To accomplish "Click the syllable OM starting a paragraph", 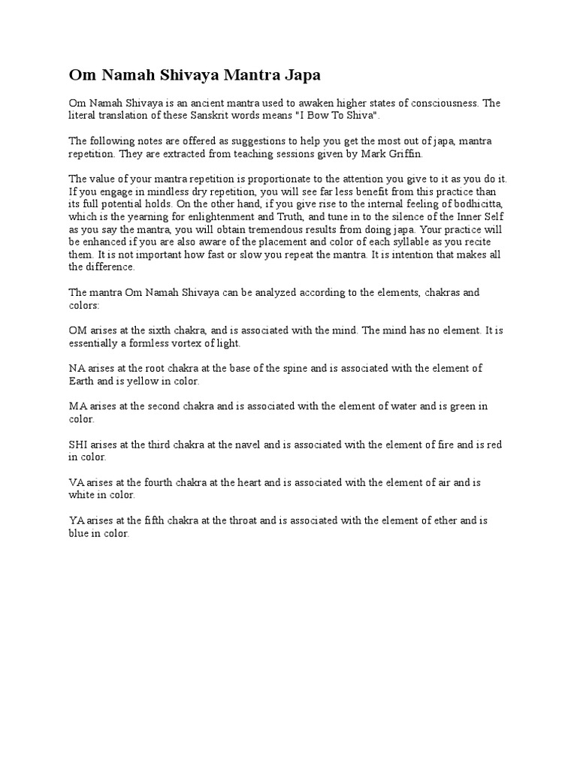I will click(x=77, y=330).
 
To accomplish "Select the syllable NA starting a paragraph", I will click(x=77, y=368).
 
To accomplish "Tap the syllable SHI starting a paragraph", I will click(x=78, y=445).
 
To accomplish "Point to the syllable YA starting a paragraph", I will click(x=77, y=521).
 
